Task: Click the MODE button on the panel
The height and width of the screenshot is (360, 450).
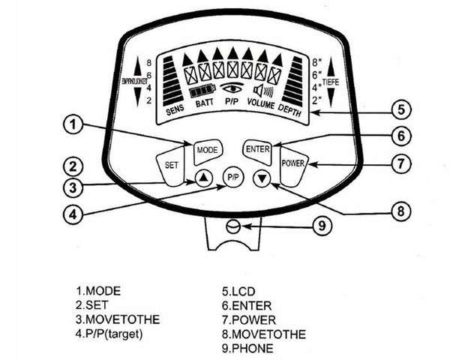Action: coord(206,150)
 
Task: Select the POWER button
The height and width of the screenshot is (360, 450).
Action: coord(292,163)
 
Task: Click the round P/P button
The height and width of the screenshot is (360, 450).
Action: coord(232,179)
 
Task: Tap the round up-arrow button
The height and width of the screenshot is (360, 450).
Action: coord(203,178)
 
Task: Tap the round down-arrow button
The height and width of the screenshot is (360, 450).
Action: coord(261,178)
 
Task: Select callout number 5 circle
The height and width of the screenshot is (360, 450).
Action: coord(401,108)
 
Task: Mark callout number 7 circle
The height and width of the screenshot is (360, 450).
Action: coord(402,162)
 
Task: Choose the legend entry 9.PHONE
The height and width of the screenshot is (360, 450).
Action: coord(248,347)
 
